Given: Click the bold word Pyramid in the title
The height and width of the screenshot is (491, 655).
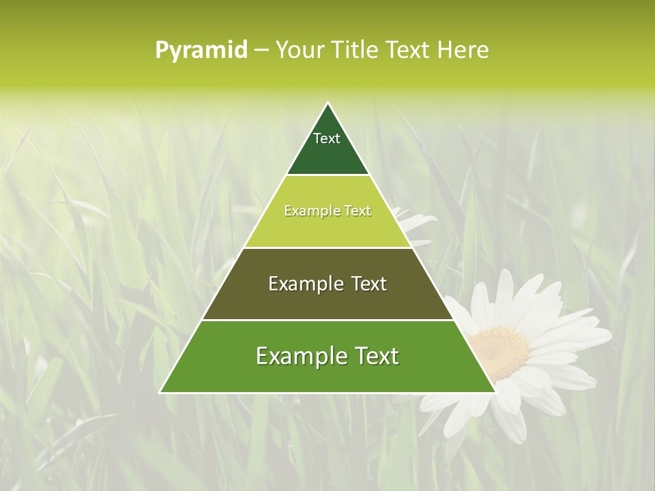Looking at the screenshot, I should coord(201,50).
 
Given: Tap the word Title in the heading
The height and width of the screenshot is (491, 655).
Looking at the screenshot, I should coord(358,50).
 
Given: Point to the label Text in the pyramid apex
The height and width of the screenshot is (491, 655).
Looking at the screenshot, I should coord(327,138).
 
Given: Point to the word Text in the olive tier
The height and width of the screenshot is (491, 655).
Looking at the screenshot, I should coord(368,284).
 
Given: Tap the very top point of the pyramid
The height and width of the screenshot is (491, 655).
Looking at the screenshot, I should coord(328,103).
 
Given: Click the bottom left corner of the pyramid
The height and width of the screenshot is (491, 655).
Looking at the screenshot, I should coord(160,392).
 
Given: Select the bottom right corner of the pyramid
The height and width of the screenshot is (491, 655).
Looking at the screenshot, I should coord(495,392).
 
